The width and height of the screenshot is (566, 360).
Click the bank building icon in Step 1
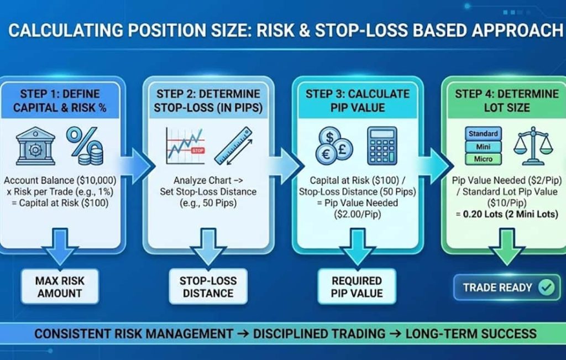click(x=35, y=146)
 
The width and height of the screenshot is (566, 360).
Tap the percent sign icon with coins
click(x=85, y=145)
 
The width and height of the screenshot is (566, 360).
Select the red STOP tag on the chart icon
click(x=197, y=150)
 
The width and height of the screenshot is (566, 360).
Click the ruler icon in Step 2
click(x=234, y=146)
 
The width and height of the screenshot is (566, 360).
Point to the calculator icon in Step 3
click(x=382, y=145)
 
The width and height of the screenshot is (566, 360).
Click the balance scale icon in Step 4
click(x=533, y=146)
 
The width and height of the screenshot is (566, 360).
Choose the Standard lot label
click(x=483, y=134)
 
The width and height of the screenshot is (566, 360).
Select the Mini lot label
click(x=483, y=147)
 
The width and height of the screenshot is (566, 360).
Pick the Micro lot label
click(x=483, y=159)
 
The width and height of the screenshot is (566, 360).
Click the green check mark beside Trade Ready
click(x=547, y=288)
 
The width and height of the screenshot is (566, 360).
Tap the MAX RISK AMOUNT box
click(x=60, y=286)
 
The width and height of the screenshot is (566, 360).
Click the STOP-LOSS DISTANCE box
click(x=208, y=286)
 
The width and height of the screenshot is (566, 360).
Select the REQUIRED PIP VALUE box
click(x=357, y=286)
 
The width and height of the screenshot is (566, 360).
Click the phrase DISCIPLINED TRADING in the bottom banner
click(x=319, y=333)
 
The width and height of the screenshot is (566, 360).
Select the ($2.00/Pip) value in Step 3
click(x=358, y=215)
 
